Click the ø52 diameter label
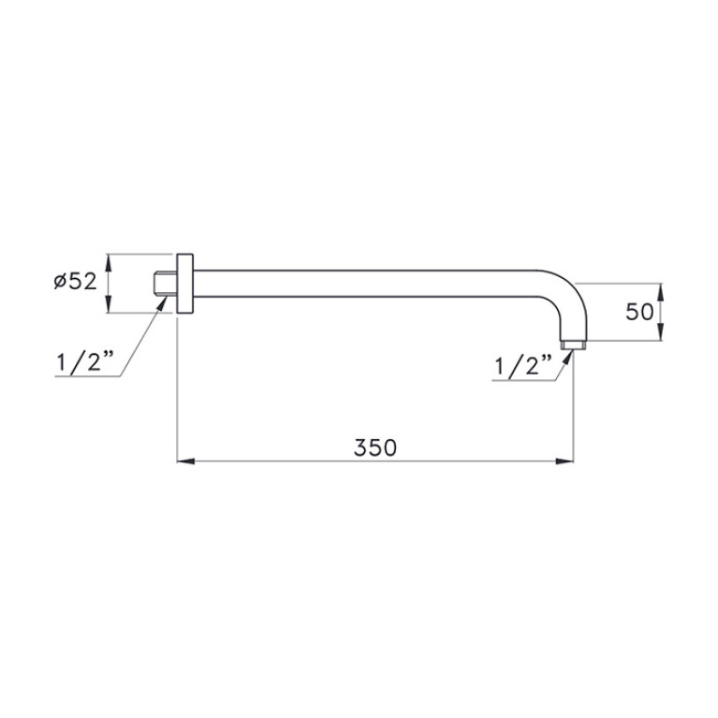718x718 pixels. tap(76, 281)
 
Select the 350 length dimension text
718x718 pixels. tap(375, 447)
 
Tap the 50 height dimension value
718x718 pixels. tap(639, 313)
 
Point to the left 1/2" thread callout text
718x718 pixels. tap(84, 362)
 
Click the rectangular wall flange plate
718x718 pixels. tap(184, 284)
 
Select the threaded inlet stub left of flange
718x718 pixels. tap(165, 284)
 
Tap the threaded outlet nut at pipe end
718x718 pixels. tap(573, 344)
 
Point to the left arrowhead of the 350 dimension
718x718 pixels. tap(185, 461)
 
